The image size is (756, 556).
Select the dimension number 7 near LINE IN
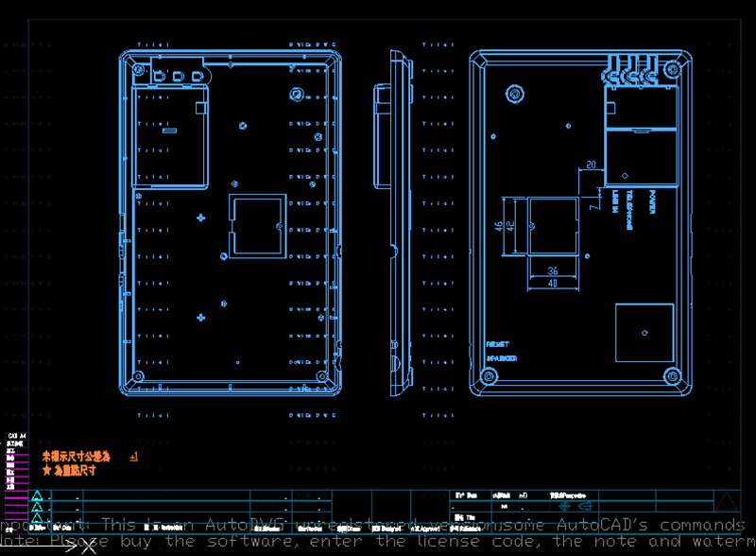pos(593,200)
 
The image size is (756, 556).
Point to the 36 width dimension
pos(553,271)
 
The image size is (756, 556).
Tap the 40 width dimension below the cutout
pos(553,283)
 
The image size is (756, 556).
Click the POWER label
pos(652,201)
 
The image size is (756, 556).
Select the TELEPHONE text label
pos(634,201)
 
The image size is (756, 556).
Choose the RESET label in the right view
pos(497,345)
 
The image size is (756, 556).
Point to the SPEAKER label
pos(502,359)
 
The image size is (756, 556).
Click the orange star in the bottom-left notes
pos(46,470)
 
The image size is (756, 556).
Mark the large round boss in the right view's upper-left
pos(515,94)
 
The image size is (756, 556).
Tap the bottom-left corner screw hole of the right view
pos(489,376)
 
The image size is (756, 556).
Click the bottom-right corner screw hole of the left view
pos(322,375)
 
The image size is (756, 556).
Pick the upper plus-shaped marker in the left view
pos(200,218)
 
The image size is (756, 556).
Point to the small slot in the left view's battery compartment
pos(170,131)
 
